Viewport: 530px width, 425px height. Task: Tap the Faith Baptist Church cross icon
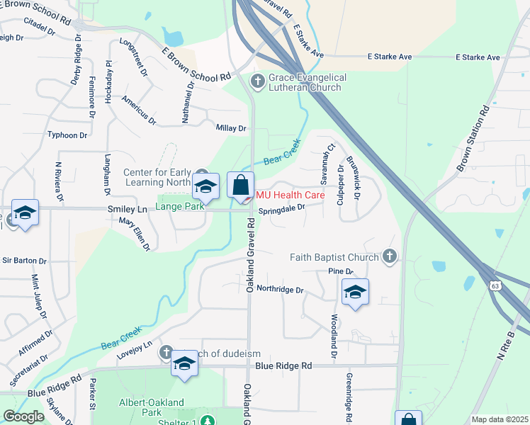(389, 256)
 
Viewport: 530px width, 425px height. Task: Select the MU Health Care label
(291, 195)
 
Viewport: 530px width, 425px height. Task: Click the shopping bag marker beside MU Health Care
(241, 186)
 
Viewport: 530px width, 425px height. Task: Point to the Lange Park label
(180, 206)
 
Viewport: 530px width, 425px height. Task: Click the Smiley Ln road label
(127, 209)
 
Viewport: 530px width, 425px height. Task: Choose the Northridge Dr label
(279, 289)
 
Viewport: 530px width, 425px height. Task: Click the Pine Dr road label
(340, 271)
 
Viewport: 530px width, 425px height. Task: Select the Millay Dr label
(231, 128)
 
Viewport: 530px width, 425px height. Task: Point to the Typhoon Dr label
(67, 135)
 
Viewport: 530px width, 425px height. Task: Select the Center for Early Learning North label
(157, 178)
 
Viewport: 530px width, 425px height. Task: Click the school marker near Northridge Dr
(355, 292)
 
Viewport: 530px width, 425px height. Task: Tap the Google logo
(23, 416)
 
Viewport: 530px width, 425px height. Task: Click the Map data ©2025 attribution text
(499, 419)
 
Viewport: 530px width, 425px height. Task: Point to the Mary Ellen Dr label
(135, 234)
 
